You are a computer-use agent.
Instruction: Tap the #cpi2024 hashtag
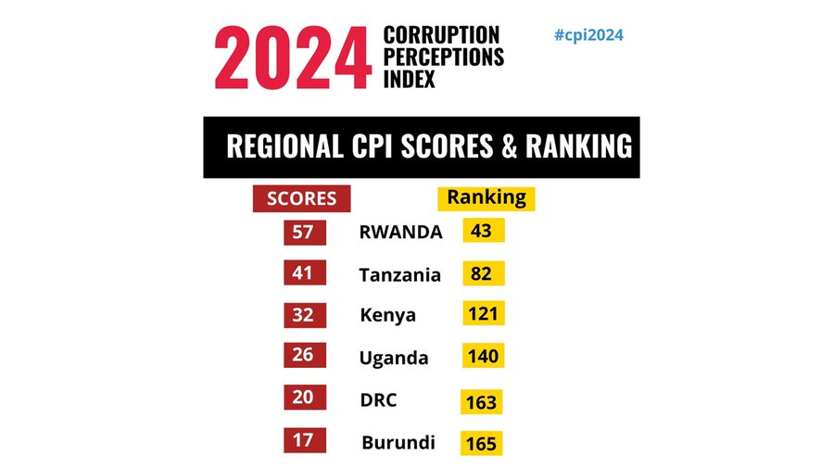(588, 35)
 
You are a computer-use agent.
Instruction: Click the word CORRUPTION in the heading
(443, 35)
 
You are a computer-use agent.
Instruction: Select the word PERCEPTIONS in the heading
(443, 57)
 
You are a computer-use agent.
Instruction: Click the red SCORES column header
(301, 198)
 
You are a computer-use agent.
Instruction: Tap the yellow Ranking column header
(486, 197)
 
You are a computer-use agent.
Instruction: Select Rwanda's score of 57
(304, 232)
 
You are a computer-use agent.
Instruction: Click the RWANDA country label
(400, 233)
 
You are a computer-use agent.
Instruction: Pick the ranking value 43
(482, 231)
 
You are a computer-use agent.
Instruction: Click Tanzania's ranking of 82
(482, 273)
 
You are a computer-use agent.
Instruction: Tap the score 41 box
(304, 273)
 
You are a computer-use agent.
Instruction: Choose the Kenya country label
(387, 315)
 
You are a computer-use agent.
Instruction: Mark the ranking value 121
(483, 313)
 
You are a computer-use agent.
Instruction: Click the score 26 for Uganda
(304, 355)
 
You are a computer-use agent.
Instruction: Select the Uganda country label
(394, 358)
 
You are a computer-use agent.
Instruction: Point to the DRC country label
(378, 399)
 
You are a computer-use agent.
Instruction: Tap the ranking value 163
(482, 402)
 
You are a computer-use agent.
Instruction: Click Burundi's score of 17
(304, 440)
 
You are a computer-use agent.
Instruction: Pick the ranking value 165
(482, 443)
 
